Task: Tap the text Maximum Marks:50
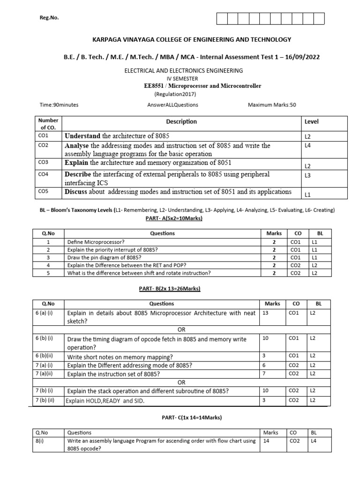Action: [x=272, y=105]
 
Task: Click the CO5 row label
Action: [x=43, y=191]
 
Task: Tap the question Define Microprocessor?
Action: [x=96, y=242]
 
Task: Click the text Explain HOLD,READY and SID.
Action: [x=105, y=401]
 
